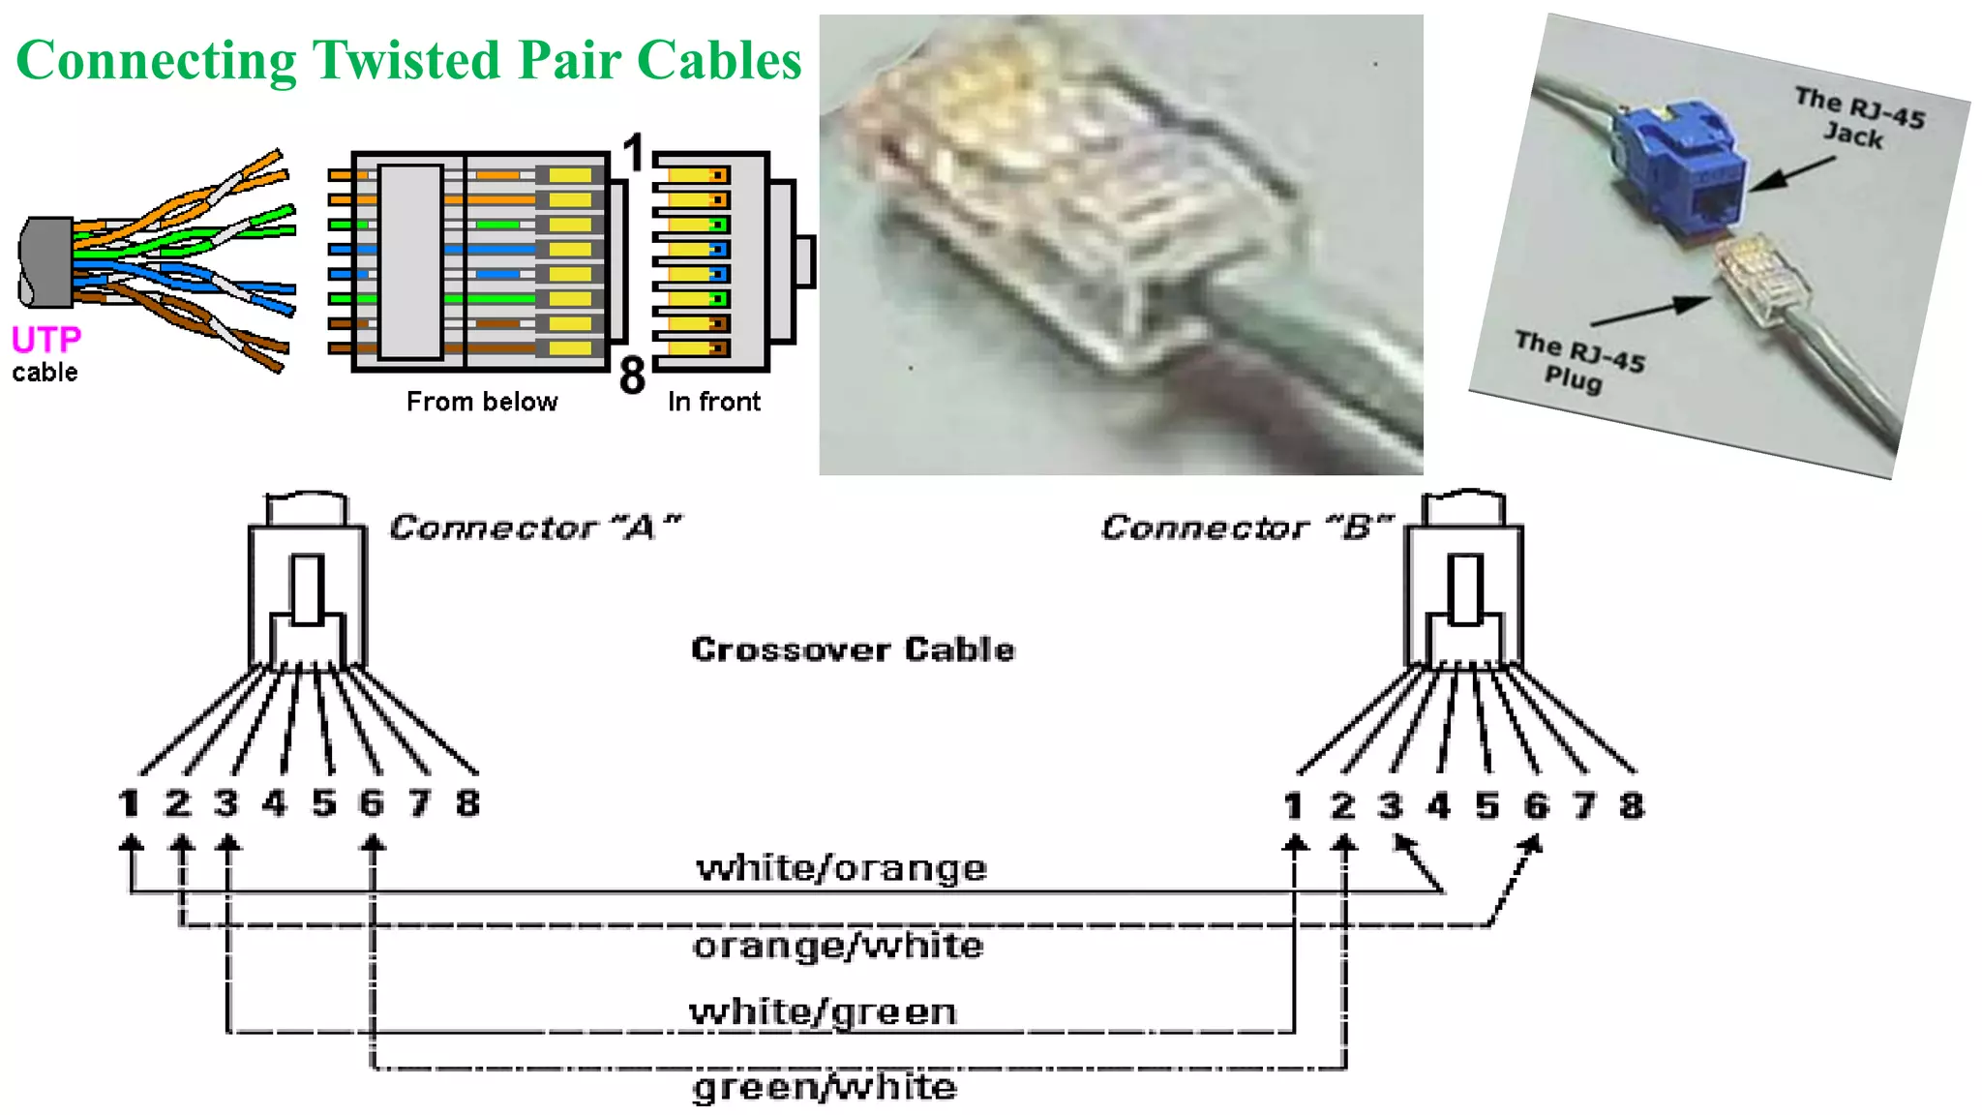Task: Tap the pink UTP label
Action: click(x=45, y=340)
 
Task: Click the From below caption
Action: click(x=481, y=402)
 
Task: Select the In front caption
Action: click(x=713, y=402)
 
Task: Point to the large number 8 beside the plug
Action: click(x=632, y=376)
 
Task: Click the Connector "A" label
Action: click(x=534, y=527)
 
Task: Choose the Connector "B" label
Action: click(x=1246, y=527)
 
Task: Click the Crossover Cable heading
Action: click(x=853, y=649)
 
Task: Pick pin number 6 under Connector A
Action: click(x=372, y=802)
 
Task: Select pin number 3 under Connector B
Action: click(x=1391, y=805)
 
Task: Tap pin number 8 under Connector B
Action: click(x=1632, y=805)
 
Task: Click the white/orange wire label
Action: click(x=841, y=868)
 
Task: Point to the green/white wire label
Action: click(x=825, y=1087)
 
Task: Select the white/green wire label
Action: click(x=823, y=1012)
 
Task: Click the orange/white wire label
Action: click(x=838, y=946)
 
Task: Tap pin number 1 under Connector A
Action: click(x=129, y=802)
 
